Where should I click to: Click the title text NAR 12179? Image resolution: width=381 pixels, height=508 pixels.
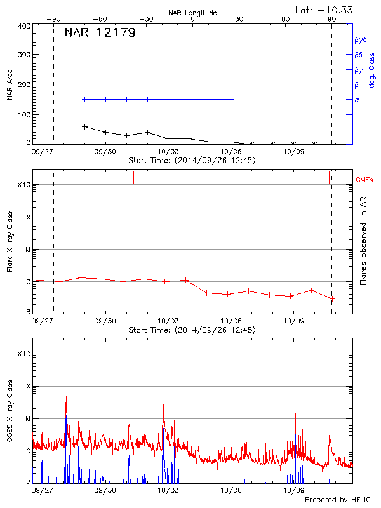click(x=100, y=33)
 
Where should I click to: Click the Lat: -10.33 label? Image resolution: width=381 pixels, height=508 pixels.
click(x=324, y=10)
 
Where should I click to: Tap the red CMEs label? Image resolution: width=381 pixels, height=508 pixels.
click(x=364, y=180)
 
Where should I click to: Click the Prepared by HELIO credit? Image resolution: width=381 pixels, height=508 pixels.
click(x=337, y=500)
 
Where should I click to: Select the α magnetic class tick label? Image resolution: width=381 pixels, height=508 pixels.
click(x=356, y=100)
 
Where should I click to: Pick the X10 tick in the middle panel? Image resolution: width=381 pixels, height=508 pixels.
click(x=23, y=185)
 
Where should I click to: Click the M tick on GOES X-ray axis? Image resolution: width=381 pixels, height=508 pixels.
click(x=28, y=419)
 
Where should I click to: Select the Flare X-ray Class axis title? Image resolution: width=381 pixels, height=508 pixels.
click(x=10, y=241)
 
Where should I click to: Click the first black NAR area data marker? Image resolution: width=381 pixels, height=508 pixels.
click(x=85, y=126)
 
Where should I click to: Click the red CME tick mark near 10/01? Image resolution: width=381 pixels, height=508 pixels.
click(x=133, y=178)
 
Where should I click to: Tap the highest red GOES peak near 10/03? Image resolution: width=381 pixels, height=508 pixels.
click(x=164, y=391)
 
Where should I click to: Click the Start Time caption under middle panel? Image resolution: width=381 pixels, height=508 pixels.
click(x=192, y=330)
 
